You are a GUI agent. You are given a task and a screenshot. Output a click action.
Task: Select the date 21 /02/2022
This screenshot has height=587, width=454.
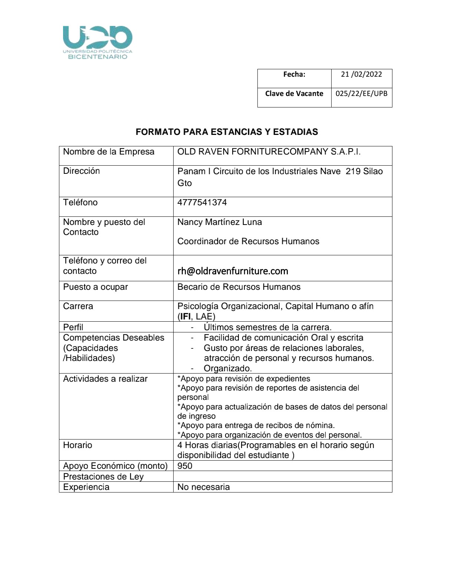(361, 74)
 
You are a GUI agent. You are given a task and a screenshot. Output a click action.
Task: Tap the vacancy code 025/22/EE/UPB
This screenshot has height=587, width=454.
(361, 93)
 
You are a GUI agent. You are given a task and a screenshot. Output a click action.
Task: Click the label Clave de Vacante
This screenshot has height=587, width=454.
(294, 93)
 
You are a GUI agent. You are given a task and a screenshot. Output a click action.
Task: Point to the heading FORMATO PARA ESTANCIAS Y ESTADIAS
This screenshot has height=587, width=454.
(227, 132)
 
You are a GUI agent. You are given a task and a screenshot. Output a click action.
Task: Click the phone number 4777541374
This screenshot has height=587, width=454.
(202, 202)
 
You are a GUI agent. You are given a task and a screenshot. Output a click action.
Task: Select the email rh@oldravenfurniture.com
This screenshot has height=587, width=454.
(233, 271)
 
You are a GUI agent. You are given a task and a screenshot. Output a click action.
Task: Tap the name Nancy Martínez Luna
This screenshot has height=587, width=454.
(220, 222)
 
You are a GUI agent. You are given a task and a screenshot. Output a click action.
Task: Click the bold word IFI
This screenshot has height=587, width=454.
(185, 316)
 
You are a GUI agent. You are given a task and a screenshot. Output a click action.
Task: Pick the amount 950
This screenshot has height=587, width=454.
(185, 466)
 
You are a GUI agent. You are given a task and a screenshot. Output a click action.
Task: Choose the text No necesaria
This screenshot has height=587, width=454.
(204, 487)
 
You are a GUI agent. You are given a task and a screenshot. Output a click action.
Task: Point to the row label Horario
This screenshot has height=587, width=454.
(78, 445)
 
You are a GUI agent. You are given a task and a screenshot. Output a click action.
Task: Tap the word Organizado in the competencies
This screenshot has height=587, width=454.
(227, 368)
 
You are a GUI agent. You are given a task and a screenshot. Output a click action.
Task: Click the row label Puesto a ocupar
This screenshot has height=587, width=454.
(95, 287)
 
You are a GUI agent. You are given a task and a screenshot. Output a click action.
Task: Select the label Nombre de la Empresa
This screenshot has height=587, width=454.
(109, 152)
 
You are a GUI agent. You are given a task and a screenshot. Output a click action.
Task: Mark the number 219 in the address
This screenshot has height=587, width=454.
(353, 171)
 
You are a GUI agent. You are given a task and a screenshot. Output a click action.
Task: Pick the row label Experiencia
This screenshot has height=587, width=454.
(86, 487)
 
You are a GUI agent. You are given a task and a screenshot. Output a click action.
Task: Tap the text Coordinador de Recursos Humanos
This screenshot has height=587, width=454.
(248, 241)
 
